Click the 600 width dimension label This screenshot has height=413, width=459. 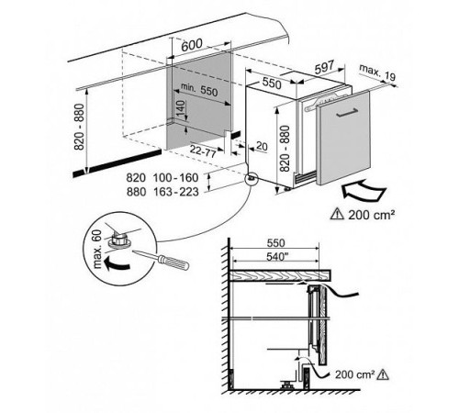pyautogui.click(x=192, y=45)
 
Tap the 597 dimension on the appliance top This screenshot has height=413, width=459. pyautogui.click(x=324, y=67)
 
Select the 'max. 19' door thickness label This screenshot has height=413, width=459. pyautogui.click(x=377, y=73)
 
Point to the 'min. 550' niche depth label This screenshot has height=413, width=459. pyautogui.click(x=199, y=89)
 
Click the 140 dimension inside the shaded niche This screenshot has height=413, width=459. pyautogui.click(x=180, y=110)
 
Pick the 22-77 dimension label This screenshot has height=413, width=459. pyautogui.click(x=203, y=151)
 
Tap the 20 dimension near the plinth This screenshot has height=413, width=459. pyautogui.click(x=262, y=146)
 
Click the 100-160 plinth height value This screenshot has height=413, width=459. pyautogui.click(x=175, y=178)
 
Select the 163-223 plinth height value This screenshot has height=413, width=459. pyautogui.click(x=176, y=192)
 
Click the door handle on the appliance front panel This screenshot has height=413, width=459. pyautogui.click(x=347, y=112)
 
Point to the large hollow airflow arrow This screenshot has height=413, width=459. pyautogui.click(x=364, y=191)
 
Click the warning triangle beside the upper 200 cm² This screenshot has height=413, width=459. pyautogui.click(x=338, y=213)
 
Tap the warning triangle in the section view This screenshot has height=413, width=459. pyautogui.click(x=383, y=374)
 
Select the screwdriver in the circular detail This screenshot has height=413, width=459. pyautogui.click(x=162, y=260)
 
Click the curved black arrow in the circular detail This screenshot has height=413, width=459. pyautogui.click(x=117, y=264)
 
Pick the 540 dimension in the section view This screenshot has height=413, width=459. pyautogui.click(x=275, y=256)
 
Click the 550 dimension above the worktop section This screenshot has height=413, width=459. pyautogui.click(x=275, y=243)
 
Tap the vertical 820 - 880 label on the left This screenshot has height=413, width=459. pyautogui.click(x=79, y=127)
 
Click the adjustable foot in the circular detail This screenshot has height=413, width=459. pyautogui.click(x=120, y=240)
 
